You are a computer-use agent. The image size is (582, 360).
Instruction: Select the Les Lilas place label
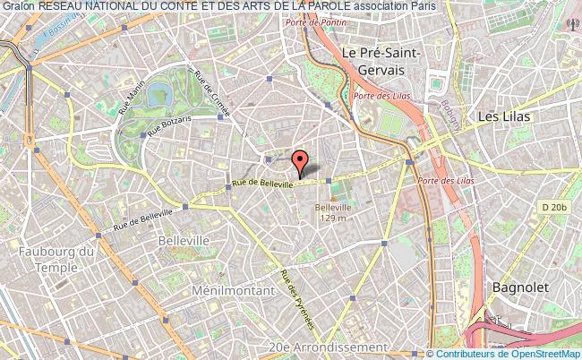(x=504, y=116)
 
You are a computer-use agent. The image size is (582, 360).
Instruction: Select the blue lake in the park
(x=158, y=92)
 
